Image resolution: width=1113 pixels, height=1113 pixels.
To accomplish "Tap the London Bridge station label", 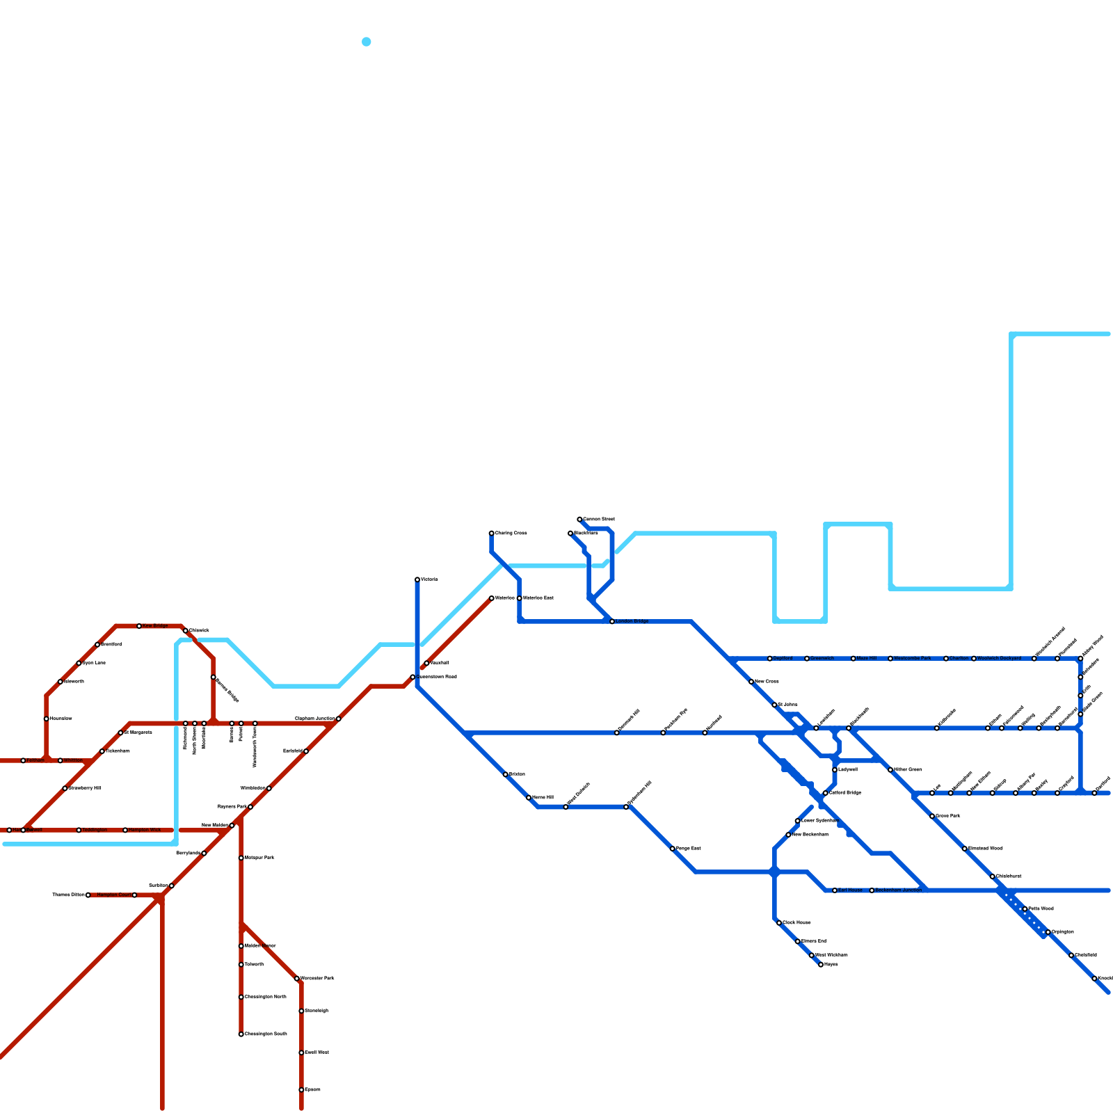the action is click(632, 621).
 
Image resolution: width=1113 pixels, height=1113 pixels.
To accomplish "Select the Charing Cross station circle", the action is click(491, 533).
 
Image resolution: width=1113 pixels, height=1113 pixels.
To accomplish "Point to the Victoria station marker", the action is click(417, 579).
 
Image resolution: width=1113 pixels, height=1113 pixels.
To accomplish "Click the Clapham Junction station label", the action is click(314, 719).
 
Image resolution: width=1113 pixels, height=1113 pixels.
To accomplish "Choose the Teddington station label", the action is click(95, 830).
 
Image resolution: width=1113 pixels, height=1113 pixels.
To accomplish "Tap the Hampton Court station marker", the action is click(134, 895).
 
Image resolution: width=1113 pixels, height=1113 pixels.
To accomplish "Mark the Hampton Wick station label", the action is click(145, 830).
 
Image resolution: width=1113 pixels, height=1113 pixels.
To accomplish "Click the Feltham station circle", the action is click(23, 760).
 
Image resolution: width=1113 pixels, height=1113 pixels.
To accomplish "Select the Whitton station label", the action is click(72, 760).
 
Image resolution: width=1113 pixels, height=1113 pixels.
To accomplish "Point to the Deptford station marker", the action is click(769, 658).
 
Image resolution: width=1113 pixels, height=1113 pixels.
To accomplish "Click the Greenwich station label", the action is click(822, 658).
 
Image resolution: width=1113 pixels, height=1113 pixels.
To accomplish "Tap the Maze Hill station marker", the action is click(853, 658).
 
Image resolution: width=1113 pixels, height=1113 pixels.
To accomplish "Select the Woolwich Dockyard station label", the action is click(999, 658).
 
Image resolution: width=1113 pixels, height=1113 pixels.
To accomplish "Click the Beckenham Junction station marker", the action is click(872, 890).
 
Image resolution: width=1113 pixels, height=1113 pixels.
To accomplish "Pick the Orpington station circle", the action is click(1048, 932).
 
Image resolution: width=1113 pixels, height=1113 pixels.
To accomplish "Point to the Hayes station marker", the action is click(821, 964).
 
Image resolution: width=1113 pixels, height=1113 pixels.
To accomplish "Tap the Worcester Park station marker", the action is click(296, 978).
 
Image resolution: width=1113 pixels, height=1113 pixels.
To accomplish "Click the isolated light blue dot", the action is click(367, 42).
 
